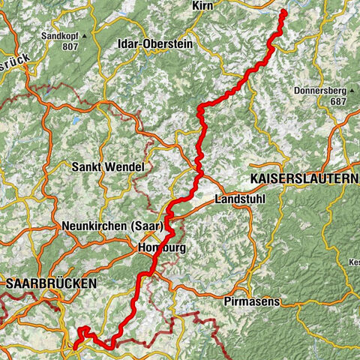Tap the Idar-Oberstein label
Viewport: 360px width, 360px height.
click(155, 44)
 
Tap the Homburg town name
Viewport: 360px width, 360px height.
click(161, 247)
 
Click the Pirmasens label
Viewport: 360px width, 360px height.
click(251, 301)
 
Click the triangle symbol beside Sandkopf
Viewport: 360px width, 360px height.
click(85, 35)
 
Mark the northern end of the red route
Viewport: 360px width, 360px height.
click(283, 13)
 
